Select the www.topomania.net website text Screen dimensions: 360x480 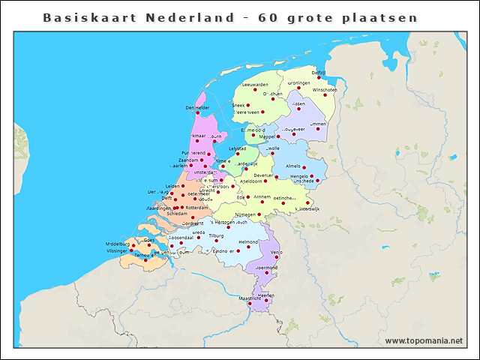(424, 340)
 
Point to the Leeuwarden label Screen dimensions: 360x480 (255, 85)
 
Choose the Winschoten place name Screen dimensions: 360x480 (325, 89)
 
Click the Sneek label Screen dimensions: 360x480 (238, 106)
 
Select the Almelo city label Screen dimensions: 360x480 (293, 166)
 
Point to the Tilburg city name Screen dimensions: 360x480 (216, 235)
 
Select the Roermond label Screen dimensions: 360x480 (267, 267)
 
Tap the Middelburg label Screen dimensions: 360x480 (118, 244)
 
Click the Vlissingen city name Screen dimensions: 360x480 (116, 250)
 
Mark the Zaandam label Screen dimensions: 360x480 (188, 160)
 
